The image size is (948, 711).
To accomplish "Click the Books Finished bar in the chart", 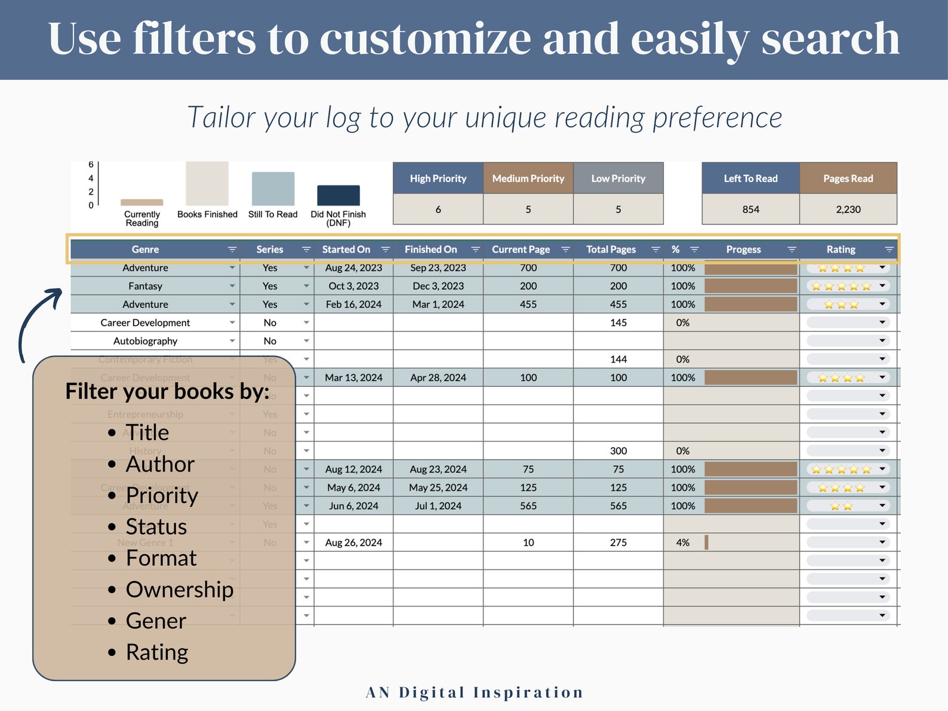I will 207,184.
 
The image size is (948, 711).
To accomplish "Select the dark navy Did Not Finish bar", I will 338,195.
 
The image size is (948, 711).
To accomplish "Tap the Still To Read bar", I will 273,189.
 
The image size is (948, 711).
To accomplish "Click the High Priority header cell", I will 438,178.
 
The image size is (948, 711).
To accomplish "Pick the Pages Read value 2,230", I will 848,210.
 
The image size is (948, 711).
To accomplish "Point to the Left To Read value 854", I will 750,210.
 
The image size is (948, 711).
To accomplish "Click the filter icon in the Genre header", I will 232,250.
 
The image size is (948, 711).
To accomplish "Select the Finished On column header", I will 430,250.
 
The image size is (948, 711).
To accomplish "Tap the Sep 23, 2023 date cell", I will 438,268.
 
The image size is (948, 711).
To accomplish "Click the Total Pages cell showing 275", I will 618,543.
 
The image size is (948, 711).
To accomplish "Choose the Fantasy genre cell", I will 145,286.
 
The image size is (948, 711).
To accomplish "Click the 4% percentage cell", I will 682,543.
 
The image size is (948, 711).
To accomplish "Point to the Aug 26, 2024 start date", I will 353,543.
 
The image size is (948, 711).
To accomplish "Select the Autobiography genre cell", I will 145,341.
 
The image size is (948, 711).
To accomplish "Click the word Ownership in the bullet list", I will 179,590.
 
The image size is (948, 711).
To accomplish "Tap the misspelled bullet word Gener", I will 156,621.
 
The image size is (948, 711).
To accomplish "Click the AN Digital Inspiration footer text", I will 475,692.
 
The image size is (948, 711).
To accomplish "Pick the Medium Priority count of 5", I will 528,210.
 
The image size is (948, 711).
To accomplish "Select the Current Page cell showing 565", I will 528,506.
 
